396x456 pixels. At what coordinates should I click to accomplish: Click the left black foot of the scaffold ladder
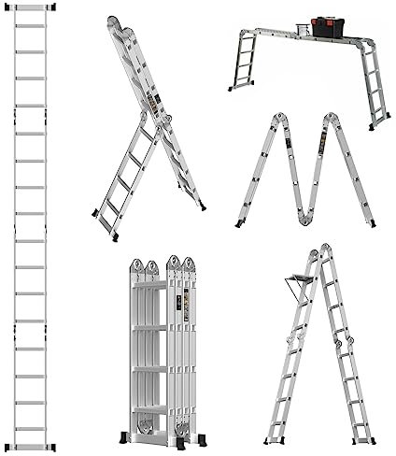point(229,89)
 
